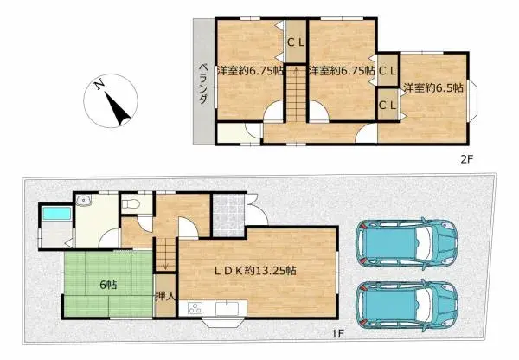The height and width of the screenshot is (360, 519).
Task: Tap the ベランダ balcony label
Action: click(x=202, y=84)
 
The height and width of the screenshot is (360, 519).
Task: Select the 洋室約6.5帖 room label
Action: click(x=432, y=86)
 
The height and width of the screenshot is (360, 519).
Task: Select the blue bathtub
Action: click(x=54, y=214)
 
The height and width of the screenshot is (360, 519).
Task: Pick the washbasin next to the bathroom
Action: click(x=84, y=202)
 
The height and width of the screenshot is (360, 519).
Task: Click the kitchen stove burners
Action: click(x=194, y=308)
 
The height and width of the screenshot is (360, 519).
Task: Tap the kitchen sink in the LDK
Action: click(x=230, y=308)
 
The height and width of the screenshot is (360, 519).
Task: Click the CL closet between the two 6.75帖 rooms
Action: click(x=295, y=41)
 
